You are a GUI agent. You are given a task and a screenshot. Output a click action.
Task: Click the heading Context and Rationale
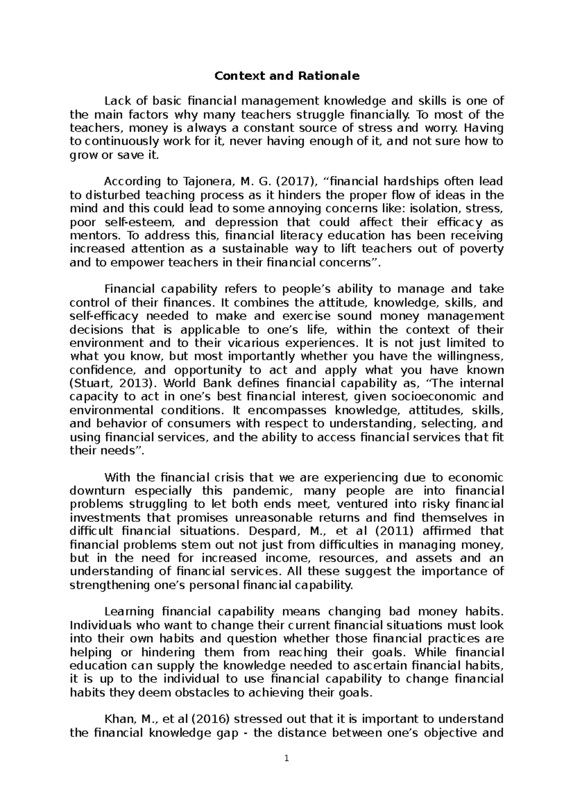286,76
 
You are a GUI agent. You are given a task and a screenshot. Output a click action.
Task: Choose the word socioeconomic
432,397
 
